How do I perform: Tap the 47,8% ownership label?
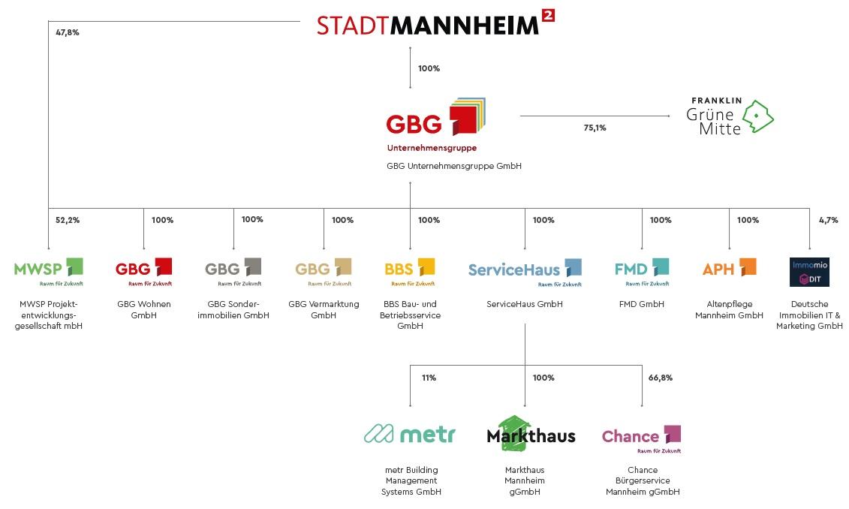click(x=67, y=32)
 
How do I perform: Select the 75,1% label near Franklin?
click(x=595, y=128)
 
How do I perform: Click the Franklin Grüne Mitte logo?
click(x=730, y=116)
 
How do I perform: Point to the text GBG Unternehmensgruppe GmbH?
click(x=453, y=166)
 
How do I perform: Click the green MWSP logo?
click(x=48, y=272)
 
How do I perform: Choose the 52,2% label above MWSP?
click(x=67, y=220)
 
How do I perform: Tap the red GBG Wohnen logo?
click(x=143, y=272)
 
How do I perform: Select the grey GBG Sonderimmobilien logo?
click(x=233, y=272)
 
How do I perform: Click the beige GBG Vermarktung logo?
click(x=324, y=272)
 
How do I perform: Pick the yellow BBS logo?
click(x=410, y=272)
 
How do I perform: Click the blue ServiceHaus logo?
click(x=525, y=272)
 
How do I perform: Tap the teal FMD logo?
click(x=642, y=272)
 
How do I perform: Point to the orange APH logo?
click(x=729, y=269)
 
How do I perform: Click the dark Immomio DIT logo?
click(x=809, y=272)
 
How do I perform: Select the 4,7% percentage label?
click(x=829, y=220)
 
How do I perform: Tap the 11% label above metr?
click(x=429, y=378)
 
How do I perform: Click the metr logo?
click(x=410, y=434)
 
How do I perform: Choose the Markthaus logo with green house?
click(x=531, y=434)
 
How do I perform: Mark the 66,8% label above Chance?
click(x=661, y=378)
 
